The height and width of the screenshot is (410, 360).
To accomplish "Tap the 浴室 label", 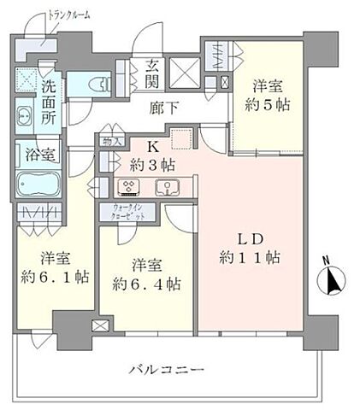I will pos(35,155).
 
